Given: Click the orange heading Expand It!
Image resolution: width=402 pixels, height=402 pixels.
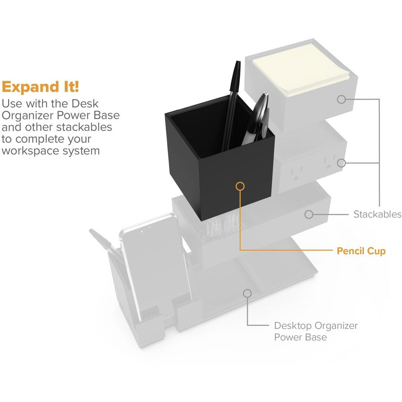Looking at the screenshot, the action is (x=40, y=87).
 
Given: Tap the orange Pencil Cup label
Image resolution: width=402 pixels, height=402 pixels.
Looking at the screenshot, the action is (x=361, y=251).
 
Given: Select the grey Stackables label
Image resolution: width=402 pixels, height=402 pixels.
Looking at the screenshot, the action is (x=377, y=214).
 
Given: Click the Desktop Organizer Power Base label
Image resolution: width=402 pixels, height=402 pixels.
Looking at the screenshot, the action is (x=316, y=331).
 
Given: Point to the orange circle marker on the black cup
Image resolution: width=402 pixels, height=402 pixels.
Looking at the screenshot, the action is (x=240, y=186).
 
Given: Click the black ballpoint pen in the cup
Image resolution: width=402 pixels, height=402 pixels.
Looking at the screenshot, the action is (x=231, y=105).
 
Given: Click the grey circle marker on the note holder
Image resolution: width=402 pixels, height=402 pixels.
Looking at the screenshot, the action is (x=342, y=100).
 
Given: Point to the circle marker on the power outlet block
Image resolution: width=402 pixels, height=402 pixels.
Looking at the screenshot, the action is (x=342, y=163).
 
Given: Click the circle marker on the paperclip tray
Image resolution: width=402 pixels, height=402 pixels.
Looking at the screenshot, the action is (x=309, y=214).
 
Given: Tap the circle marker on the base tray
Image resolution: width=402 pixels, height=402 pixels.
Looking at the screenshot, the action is (x=247, y=293).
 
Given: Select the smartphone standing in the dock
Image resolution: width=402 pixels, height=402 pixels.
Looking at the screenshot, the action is (x=155, y=267).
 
